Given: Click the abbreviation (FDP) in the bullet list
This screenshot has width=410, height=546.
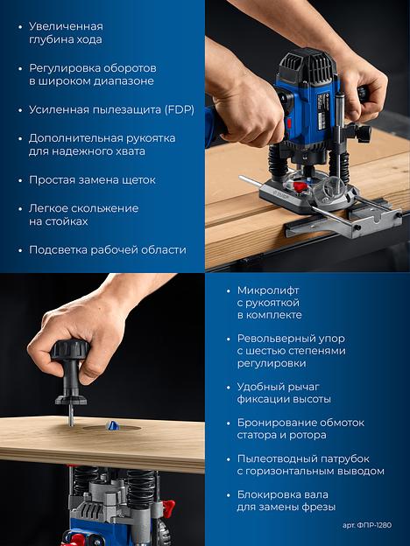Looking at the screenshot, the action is pos(180,110).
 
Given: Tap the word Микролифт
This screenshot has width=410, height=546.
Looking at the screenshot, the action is pos(268,290).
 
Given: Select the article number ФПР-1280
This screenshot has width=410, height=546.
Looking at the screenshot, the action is pos(374,525).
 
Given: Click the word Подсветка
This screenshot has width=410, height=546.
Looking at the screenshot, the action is pos(58,250).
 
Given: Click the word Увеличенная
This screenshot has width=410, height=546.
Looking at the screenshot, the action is pos(66,26).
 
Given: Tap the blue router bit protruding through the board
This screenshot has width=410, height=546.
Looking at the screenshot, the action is pos(112,425).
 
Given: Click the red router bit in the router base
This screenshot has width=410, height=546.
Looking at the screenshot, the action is pos(299,186).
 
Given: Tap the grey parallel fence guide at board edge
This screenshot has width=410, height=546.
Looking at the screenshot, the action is pos(343,222).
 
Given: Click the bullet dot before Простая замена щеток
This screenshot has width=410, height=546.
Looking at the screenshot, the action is pos(20,181).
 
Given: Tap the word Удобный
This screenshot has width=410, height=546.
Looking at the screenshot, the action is pos(261,387).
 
